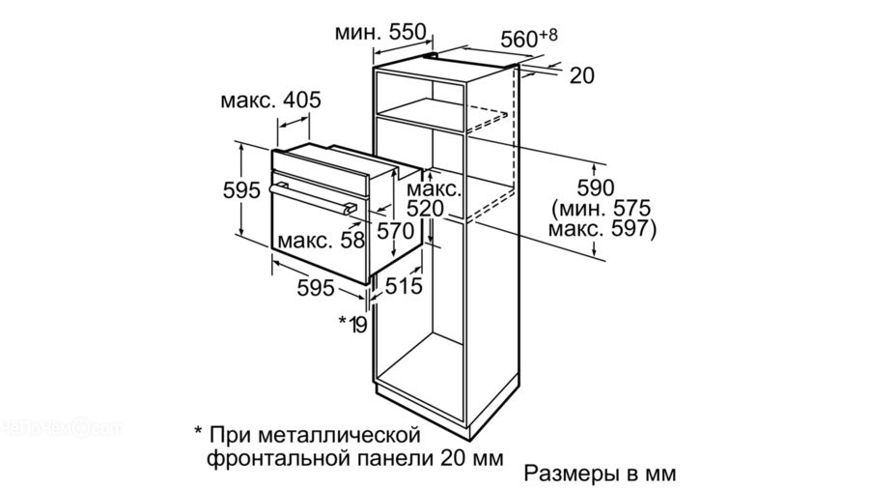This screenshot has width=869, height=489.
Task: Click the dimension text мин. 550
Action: (380, 33)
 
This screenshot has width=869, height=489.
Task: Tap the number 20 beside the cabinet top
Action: (581, 75)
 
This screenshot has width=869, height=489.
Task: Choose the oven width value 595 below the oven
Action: (315, 286)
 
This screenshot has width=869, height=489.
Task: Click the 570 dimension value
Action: (395, 231)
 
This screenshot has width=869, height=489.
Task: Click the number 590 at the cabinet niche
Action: (597, 185)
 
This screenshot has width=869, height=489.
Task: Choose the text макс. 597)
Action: (601, 229)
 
